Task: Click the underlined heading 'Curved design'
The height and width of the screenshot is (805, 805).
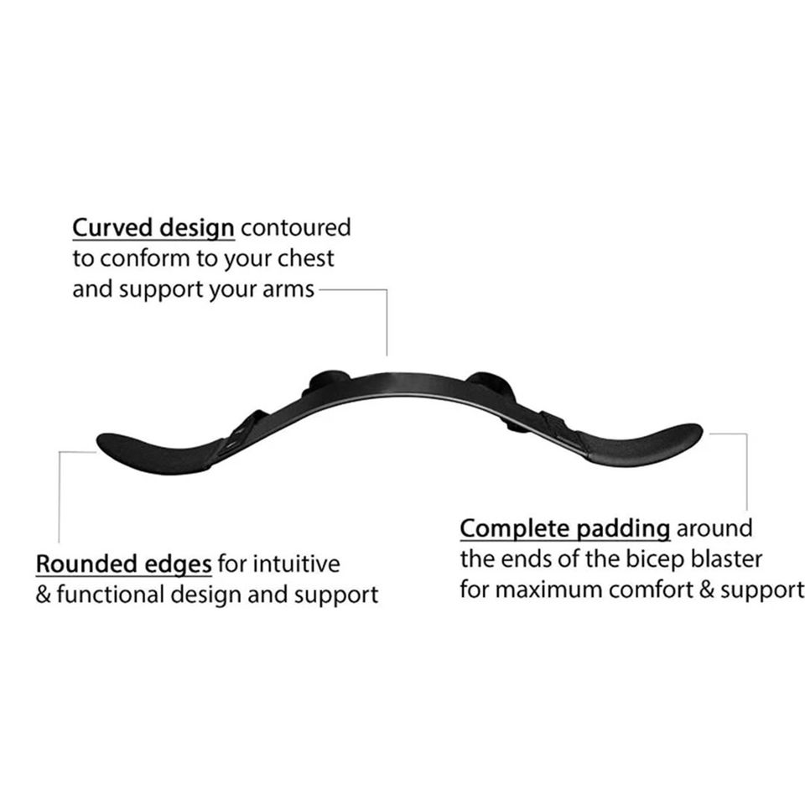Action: [153, 228]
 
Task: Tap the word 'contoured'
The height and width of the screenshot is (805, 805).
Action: [295, 228]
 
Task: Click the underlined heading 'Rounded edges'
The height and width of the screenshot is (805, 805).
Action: [122, 563]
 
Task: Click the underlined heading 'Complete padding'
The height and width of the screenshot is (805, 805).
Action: [564, 529]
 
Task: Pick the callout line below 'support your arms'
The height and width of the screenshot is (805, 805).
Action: [387, 323]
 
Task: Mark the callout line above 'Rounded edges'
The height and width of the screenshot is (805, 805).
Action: [59, 495]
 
